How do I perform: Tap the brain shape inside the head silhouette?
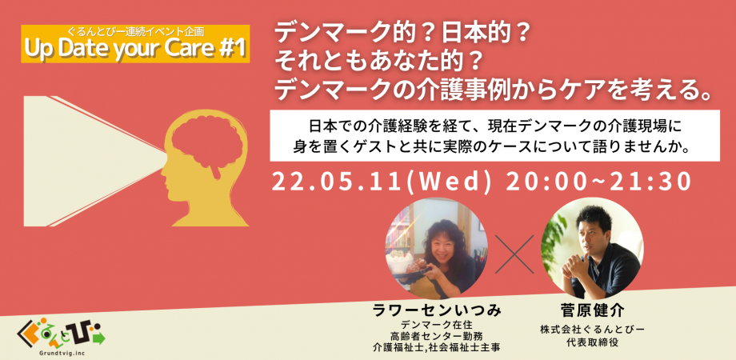tap(206, 143)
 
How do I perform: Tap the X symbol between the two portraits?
tap(514, 254)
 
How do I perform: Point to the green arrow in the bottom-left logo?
tap(98, 338)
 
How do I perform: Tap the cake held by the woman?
tap(402, 264)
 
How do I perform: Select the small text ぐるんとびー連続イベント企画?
tap(135, 34)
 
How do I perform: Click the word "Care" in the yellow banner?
tap(191, 50)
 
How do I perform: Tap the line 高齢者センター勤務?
tap(435, 336)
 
